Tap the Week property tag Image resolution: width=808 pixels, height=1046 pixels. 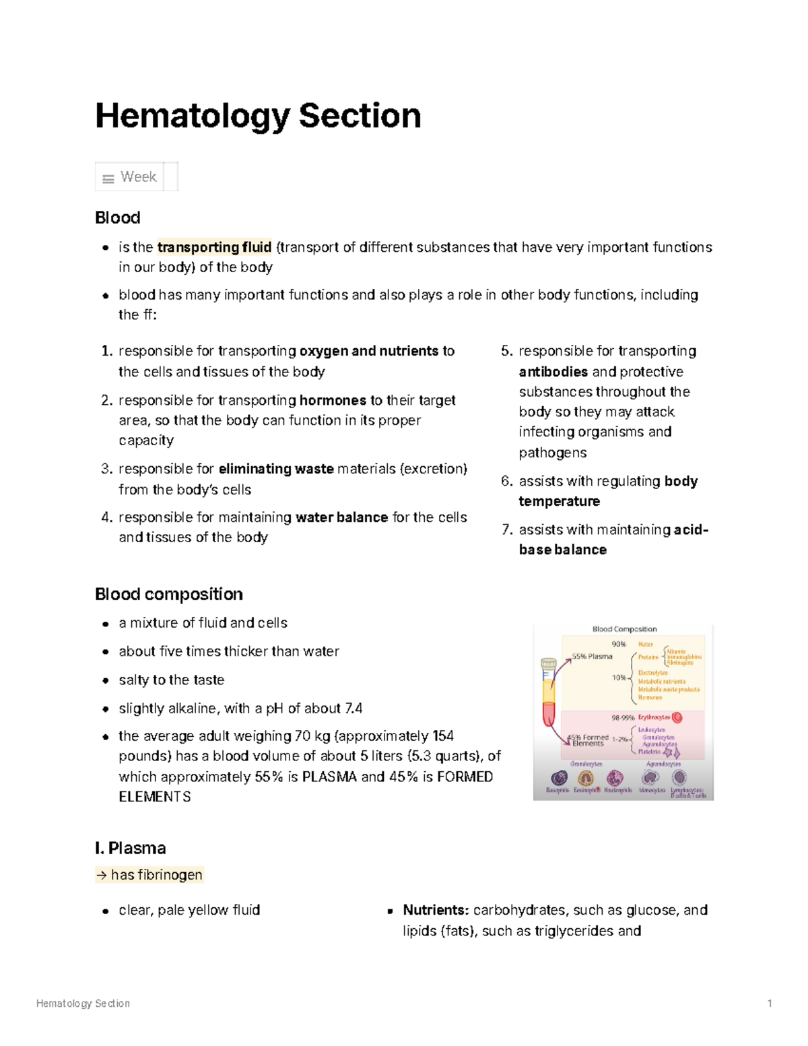(x=137, y=177)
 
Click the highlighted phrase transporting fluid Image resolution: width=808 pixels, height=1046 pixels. (x=214, y=247)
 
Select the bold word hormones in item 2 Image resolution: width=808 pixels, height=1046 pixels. (x=333, y=400)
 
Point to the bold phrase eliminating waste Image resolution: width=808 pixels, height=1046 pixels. (x=276, y=469)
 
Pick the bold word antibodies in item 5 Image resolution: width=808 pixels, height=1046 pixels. (x=553, y=372)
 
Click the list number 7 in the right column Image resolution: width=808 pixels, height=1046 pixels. (x=506, y=530)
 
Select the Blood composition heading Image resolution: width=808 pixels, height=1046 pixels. (x=169, y=594)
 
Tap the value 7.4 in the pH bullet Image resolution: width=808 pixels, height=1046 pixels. (x=353, y=709)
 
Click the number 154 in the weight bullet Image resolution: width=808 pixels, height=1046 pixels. (x=443, y=736)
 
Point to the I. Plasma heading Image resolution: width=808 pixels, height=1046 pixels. (x=131, y=848)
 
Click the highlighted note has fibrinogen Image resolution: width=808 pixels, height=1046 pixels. (x=149, y=875)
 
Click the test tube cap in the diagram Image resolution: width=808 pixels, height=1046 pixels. (x=549, y=663)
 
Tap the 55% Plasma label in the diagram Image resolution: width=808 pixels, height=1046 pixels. (x=593, y=656)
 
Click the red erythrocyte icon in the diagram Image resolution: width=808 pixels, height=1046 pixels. (x=677, y=717)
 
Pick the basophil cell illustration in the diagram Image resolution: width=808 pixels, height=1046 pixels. (x=559, y=779)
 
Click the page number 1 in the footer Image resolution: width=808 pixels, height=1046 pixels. (x=770, y=1004)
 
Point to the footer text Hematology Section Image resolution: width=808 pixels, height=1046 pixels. (x=83, y=1004)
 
